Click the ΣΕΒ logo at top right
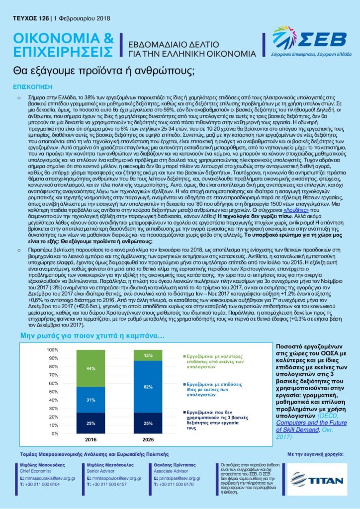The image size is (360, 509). coord(308,40)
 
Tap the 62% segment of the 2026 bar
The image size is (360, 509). coord(148,386)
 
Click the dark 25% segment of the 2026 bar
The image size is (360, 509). coord(148,423)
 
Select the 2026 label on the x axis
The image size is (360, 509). coord(148,440)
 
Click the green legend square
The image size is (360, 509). coord(185,357)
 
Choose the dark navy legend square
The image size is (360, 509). coord(185,413)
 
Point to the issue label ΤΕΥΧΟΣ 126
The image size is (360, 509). coord(31,19)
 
